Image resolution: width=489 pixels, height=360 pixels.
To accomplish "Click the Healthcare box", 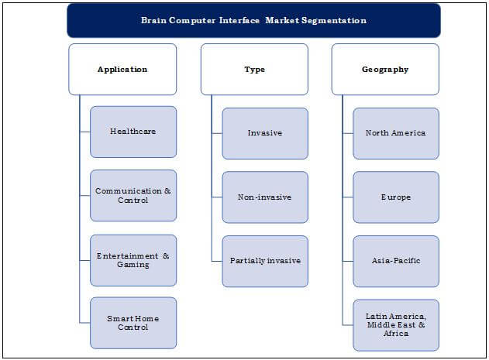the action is point(133,132).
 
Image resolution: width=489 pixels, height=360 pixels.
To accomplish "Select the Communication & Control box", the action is point(133,195).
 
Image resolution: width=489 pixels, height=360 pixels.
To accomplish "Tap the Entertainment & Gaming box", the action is point(133,260).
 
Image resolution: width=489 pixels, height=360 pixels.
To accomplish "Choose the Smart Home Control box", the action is point(133,323).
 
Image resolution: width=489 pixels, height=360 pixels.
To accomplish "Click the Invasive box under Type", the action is point(265,133).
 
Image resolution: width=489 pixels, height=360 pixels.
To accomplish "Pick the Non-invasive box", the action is point(265,197).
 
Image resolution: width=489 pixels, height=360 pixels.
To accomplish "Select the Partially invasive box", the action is point(265,261).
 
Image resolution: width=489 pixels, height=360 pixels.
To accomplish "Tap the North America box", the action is point(396,133).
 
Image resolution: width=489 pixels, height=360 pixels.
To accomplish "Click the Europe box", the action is point(396,197).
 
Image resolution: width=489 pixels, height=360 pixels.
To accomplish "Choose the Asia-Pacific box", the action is point(396,261).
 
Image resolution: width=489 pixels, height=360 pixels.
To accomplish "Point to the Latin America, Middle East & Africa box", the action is point(396,325).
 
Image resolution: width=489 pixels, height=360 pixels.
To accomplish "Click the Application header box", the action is point(122,69).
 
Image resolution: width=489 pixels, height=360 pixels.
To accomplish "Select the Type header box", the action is point(254,69).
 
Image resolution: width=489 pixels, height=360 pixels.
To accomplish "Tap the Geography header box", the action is point(385,69).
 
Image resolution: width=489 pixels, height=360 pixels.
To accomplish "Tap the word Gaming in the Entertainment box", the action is point(133,265).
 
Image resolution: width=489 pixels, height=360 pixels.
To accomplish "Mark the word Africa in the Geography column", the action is point(396,333).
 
